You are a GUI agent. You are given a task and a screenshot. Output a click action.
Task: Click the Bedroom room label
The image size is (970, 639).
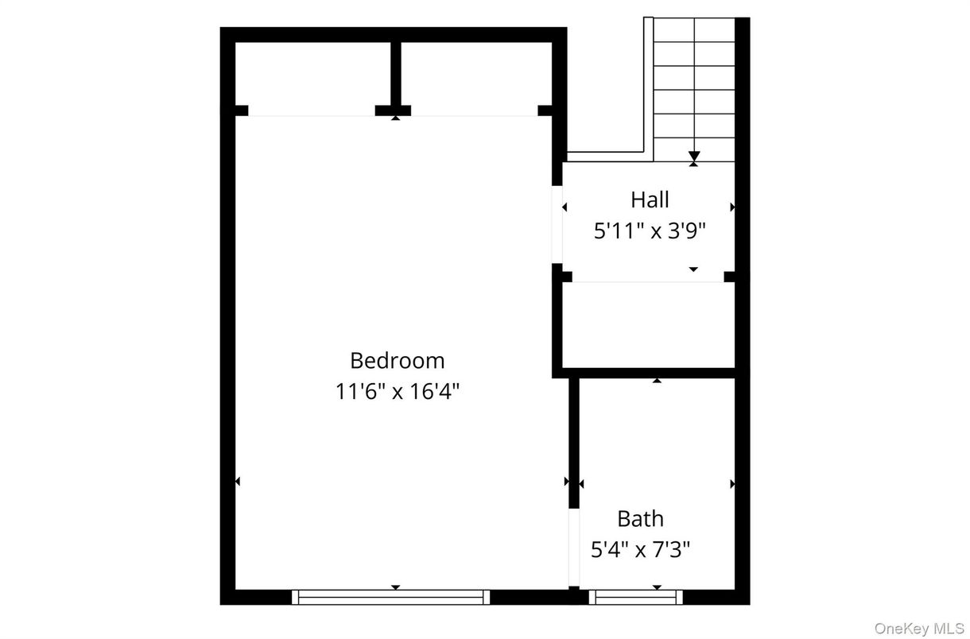pyautogui.click(x=397, y=360)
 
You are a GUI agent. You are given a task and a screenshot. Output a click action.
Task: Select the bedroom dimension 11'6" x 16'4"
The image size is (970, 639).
pyautogui.click(x=397, y=392)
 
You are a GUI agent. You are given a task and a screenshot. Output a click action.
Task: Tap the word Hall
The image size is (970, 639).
pyautogui.click(x=650, y=199)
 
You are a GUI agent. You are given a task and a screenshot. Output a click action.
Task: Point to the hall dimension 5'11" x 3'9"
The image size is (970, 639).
pyautogui.click(x=650, y=230)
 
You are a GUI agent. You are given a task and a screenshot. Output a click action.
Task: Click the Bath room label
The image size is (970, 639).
pyautogui.click(x=640, y=519)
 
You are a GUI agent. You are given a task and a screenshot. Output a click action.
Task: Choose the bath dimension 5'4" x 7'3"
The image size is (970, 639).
pyautogui.click(x=640, y=549)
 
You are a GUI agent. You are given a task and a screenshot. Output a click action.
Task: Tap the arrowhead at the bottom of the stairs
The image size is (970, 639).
pyautogui.click(x=694, y=157)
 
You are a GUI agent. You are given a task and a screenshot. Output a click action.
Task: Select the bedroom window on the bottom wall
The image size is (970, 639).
pyautogui.click(x=390, y=597)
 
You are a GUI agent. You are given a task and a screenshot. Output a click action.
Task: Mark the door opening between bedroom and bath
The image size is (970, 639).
pyautogui.click(x=573, y=548)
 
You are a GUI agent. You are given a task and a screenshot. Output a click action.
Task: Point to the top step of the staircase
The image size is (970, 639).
pyautogui.click(x=694, y=28)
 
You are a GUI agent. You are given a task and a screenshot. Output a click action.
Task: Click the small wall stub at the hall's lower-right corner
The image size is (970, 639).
pyautogui.click(x=731, y=277)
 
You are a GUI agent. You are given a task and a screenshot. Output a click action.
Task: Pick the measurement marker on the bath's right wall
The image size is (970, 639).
pyautogui.click(x=732, y=483)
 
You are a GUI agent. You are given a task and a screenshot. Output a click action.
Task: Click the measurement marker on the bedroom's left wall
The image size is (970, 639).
pyautogui.click(x=237, y=481)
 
